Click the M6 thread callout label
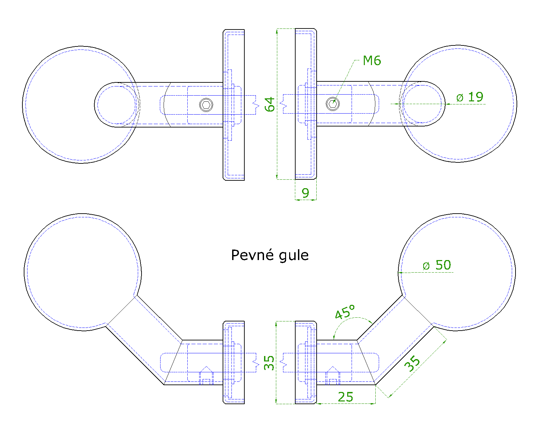tap(372, 61)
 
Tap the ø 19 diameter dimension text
tap(470, 97)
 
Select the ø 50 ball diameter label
tap(437, 265)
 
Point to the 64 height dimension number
tap(270, 104)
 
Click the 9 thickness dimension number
tap(305, 193)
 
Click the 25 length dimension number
tap(345, 397)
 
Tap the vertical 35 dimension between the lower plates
tap(269, 362)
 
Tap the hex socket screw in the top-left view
tap(206, 104)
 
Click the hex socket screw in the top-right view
tap(333, 103)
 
